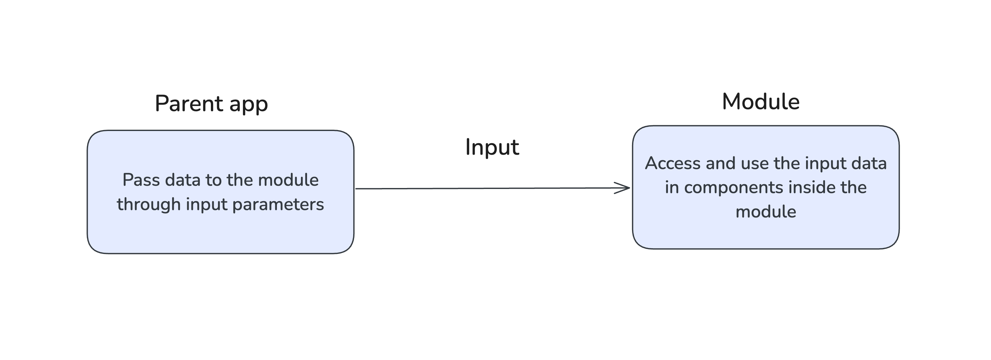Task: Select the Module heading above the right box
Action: tap(761, 102)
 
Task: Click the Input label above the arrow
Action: tap(492, 147)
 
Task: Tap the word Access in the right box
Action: tap(672, 163)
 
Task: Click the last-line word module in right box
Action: tap(766, 212)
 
